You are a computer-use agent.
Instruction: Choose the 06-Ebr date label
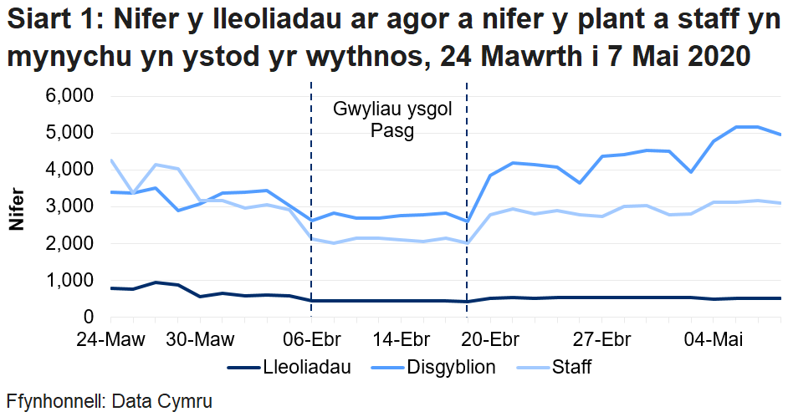311,340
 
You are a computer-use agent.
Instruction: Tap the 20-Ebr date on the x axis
490,340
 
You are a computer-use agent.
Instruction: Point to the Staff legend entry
571,367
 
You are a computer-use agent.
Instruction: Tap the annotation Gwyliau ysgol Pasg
392,120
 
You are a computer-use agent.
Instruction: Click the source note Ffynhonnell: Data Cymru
109,401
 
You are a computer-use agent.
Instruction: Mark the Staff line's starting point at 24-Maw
111,160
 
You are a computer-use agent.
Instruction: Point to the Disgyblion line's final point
780,135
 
